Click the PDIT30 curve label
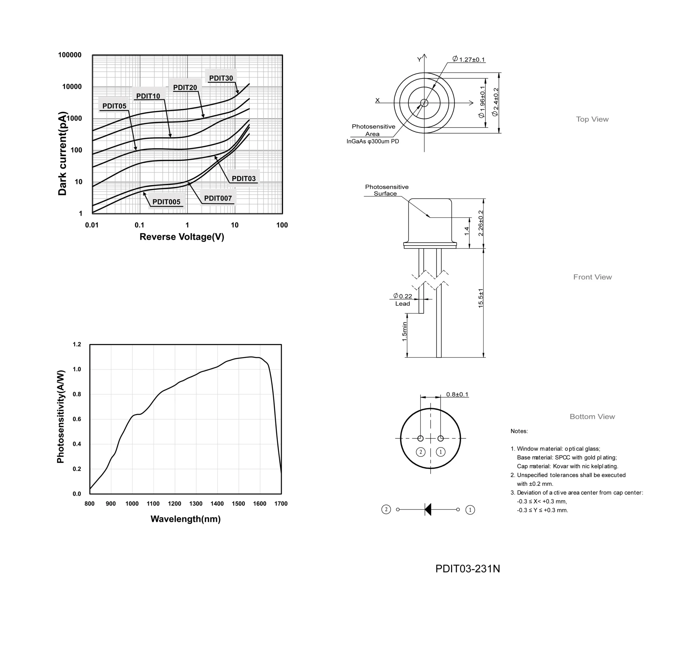(x=221, y=78)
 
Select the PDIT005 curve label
(x=166, y=202)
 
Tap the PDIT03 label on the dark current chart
(x=244, y=178)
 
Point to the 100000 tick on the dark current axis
(x=70, y=55)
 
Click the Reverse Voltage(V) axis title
(x=182, y=237)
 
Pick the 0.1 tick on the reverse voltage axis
(x=140, y=225)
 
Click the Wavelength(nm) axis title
(x=186, y=519)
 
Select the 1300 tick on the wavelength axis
(x=196, y=504)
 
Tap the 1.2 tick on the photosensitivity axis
(x=77, y=345)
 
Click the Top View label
(x=592, y=119)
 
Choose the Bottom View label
(x=592, y=416)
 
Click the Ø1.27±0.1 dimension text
(x=468, y=59)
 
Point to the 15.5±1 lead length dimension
(x=481, y=298)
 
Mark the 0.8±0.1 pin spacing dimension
(x=457, y=394)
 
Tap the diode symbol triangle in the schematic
(x=428, y=509)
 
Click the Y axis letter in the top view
(x=419, y=59)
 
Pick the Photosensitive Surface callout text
(x=387, y=190)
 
